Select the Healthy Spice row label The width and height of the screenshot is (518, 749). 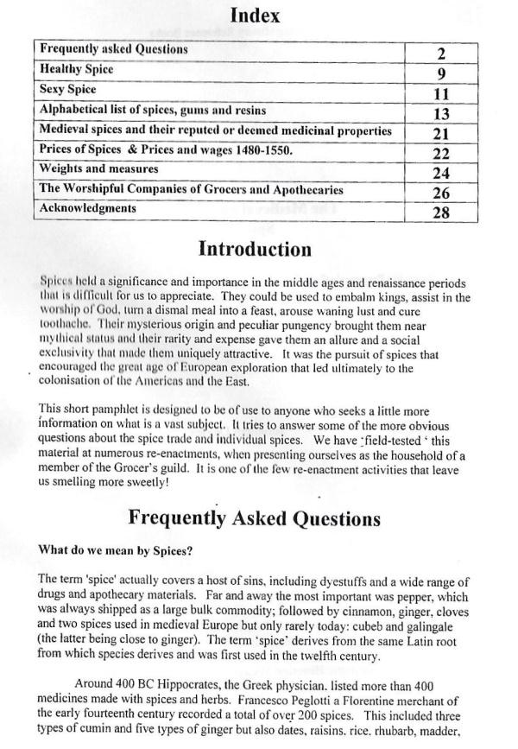click(x=77, y=69)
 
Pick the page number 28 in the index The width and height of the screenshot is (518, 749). click(x=440, y=213)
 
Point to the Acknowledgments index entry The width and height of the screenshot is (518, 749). click(x=88, y=209)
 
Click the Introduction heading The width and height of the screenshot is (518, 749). click(x=255, y=250)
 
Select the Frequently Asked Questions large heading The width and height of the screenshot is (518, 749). click(x=255, y=518)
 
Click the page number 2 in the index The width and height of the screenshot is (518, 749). click(x=440, y=51)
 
